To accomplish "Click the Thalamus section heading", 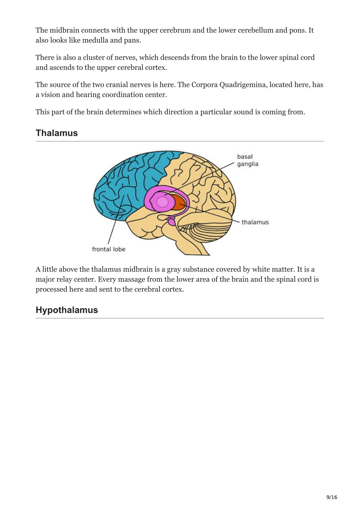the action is pyautogui.click(x=57, y=133).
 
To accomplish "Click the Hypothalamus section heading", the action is pyautogui.click(x=67, y=310).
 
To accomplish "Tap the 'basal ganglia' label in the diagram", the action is pyautogui.click(x=247, y=160).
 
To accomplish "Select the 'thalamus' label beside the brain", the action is pyautogui.click(x=255, y=222).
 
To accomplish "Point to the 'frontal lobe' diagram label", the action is pyautogui.click(x=109, y=249).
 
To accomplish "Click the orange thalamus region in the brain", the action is pyautogui.click(x=179, y=202).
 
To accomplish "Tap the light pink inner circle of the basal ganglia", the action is pyautogui.click(x=162, y=202).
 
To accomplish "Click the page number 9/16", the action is pyautogui.click(x=332, y=497).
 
